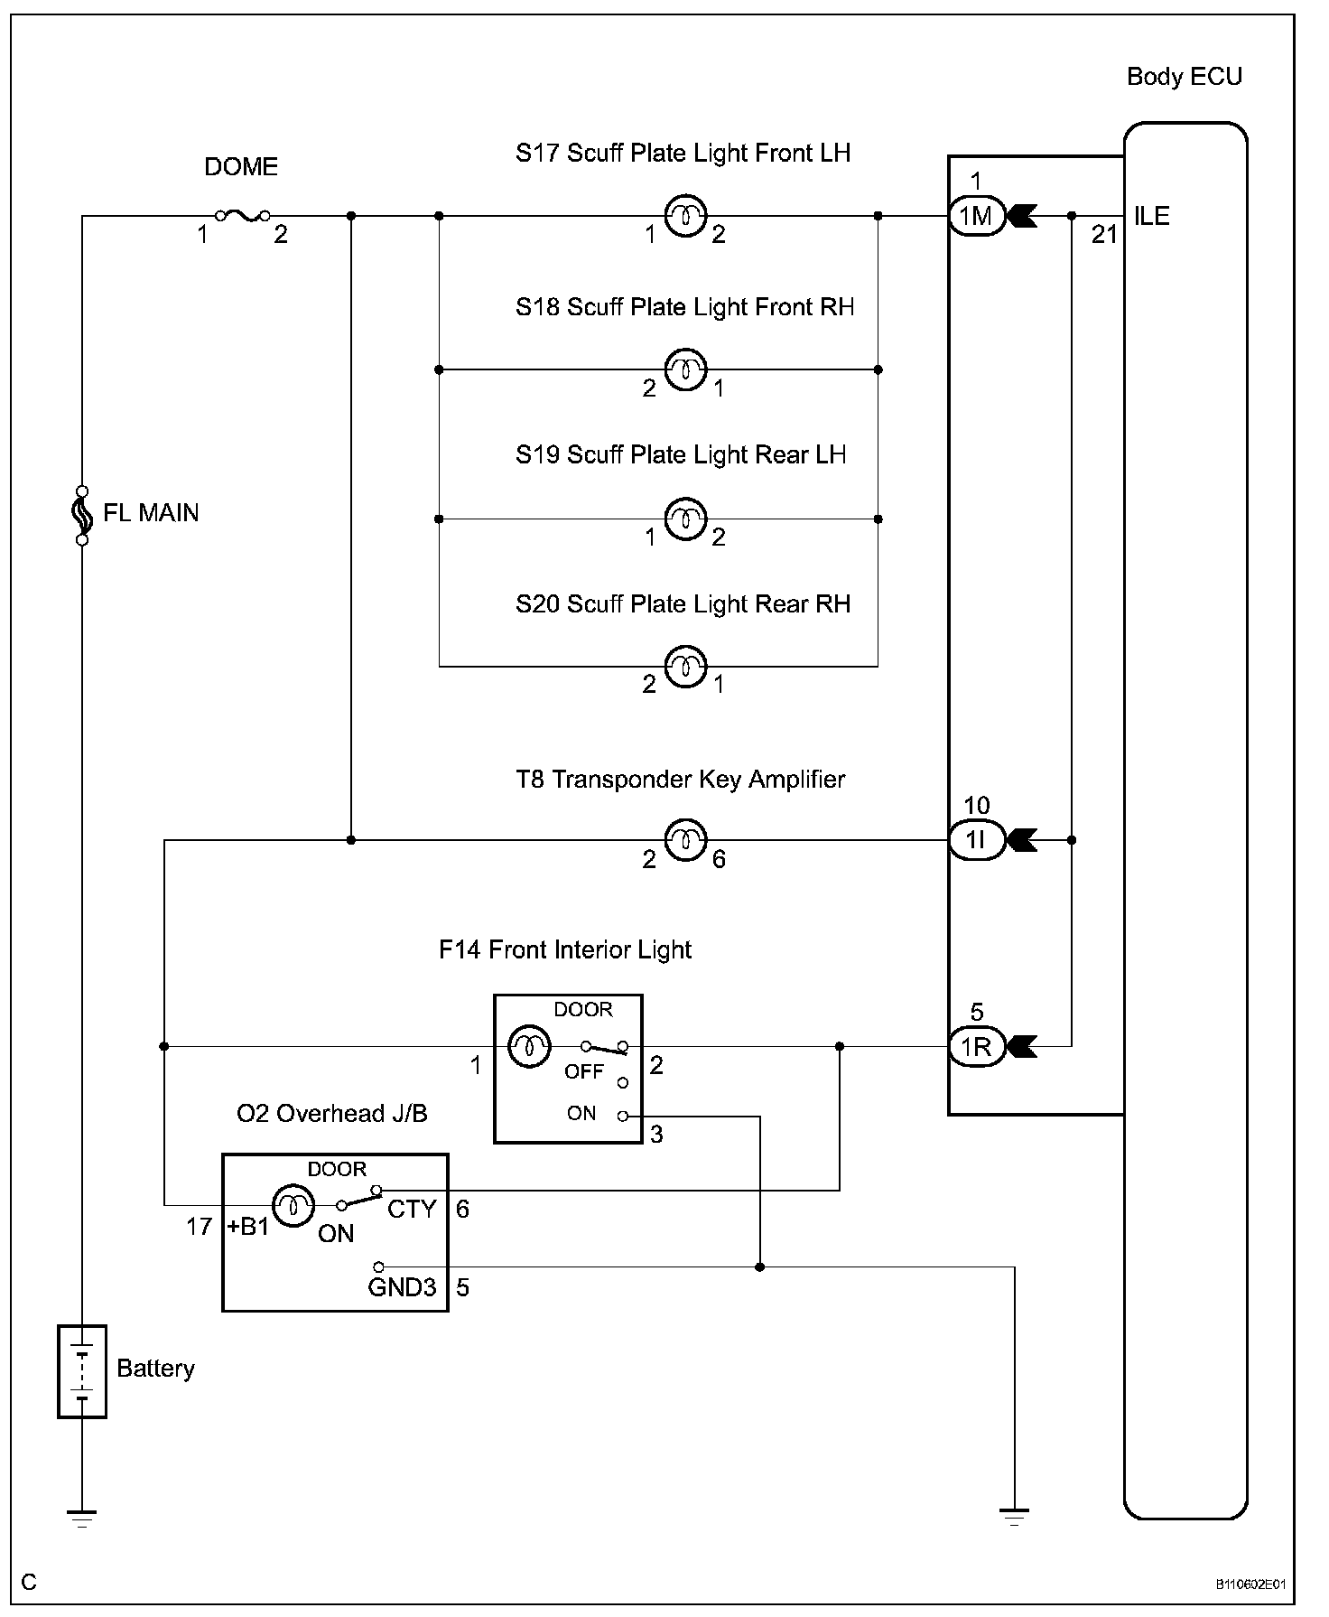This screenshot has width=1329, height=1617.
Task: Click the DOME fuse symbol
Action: pos(241,215)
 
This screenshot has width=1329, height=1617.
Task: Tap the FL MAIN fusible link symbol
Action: pos(82,515)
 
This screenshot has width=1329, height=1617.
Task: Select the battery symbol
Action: pos(82,1371)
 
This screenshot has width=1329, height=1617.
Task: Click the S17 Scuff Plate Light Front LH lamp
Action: pos(685,216)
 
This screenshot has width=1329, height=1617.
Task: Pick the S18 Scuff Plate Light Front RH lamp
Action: pos(685,369)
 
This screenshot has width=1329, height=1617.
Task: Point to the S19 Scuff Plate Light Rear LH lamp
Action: pos(685,519)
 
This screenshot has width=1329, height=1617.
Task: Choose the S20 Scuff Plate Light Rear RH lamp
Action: pos(685,667)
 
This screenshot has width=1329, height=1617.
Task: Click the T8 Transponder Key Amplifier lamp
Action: pos(685,840)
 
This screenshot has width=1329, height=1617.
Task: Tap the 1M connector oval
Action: pos(976,216)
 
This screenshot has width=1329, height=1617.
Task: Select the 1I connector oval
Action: pos(976,840)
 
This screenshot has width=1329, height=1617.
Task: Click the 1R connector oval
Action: pos(976,1046)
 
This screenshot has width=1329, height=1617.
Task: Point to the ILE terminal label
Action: pos(1152,217)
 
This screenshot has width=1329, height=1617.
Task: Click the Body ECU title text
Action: pos(1185,77)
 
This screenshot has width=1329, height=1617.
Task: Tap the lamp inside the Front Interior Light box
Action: pos(530,1047)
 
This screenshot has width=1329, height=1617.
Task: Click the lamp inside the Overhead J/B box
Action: pos(293,1205)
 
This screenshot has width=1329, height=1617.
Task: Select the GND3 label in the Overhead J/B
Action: pos(402,1287)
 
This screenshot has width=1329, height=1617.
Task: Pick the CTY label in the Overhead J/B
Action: pos(412,1209)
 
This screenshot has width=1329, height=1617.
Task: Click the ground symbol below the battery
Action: pos(82,1518)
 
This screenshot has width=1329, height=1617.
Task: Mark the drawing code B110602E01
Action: pos(1250,1584)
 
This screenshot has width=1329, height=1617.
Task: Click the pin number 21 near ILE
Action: pos(1104,235)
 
